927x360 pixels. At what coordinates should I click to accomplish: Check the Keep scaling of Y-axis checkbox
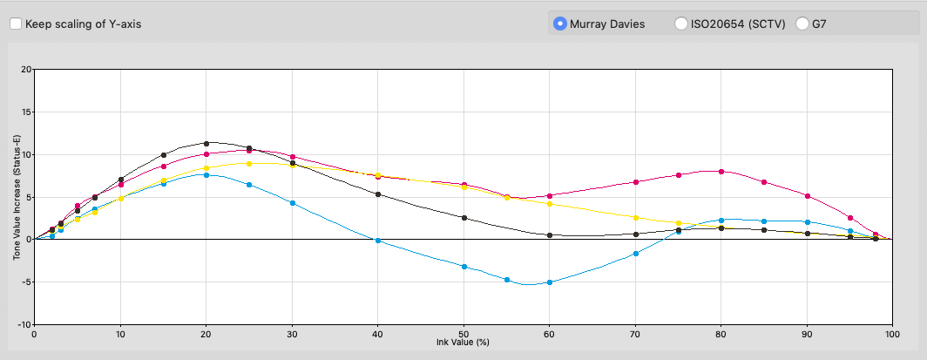[x=16, y=24]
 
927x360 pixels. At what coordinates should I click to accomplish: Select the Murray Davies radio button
[x=560, y=24]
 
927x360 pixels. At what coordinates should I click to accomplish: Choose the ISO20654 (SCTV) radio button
[x=681, y=24]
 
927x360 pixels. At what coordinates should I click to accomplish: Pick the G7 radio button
[x=802, y=24]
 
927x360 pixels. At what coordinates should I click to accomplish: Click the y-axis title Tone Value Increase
[x=17, y=196]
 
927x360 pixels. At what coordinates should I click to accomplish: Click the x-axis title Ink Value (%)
[x=463, y=342]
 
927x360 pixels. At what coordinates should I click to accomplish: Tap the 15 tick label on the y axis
[x=25, y=112]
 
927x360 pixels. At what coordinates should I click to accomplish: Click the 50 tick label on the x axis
[x=463, y=333]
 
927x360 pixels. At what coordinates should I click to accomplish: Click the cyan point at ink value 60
[x=549, y=282]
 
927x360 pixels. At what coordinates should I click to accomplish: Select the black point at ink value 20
[x=206, y=143]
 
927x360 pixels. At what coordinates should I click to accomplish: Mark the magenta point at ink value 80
[x=721, y=172]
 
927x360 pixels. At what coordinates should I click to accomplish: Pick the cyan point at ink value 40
[x=377, y=241]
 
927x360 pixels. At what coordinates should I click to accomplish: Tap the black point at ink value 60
[x=549, y=235]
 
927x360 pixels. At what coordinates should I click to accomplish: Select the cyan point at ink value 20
[x=206, y=175]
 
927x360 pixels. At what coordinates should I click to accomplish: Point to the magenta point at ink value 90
[x=808, y=196]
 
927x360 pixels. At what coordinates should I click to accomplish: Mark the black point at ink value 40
[x=377, y=194]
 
